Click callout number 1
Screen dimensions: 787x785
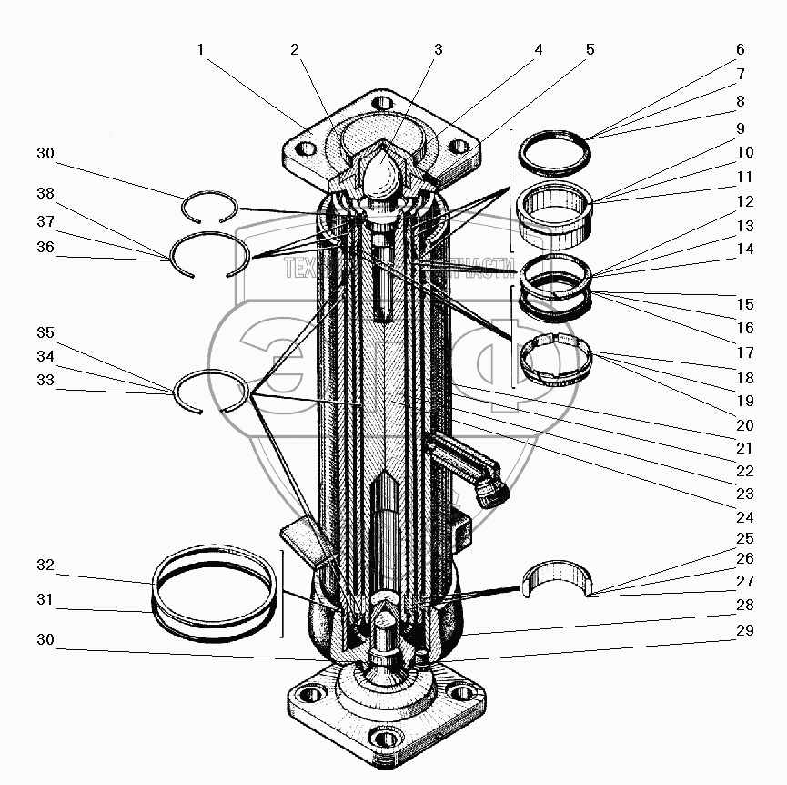point(199,49)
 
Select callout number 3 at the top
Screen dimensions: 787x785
point(438,49)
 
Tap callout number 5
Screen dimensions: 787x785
point(590,49)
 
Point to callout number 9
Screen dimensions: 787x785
point(739,128)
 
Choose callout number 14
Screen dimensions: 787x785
point(745,249)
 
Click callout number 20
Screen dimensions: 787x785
point(745,424)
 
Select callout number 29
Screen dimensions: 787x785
point(745,631)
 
